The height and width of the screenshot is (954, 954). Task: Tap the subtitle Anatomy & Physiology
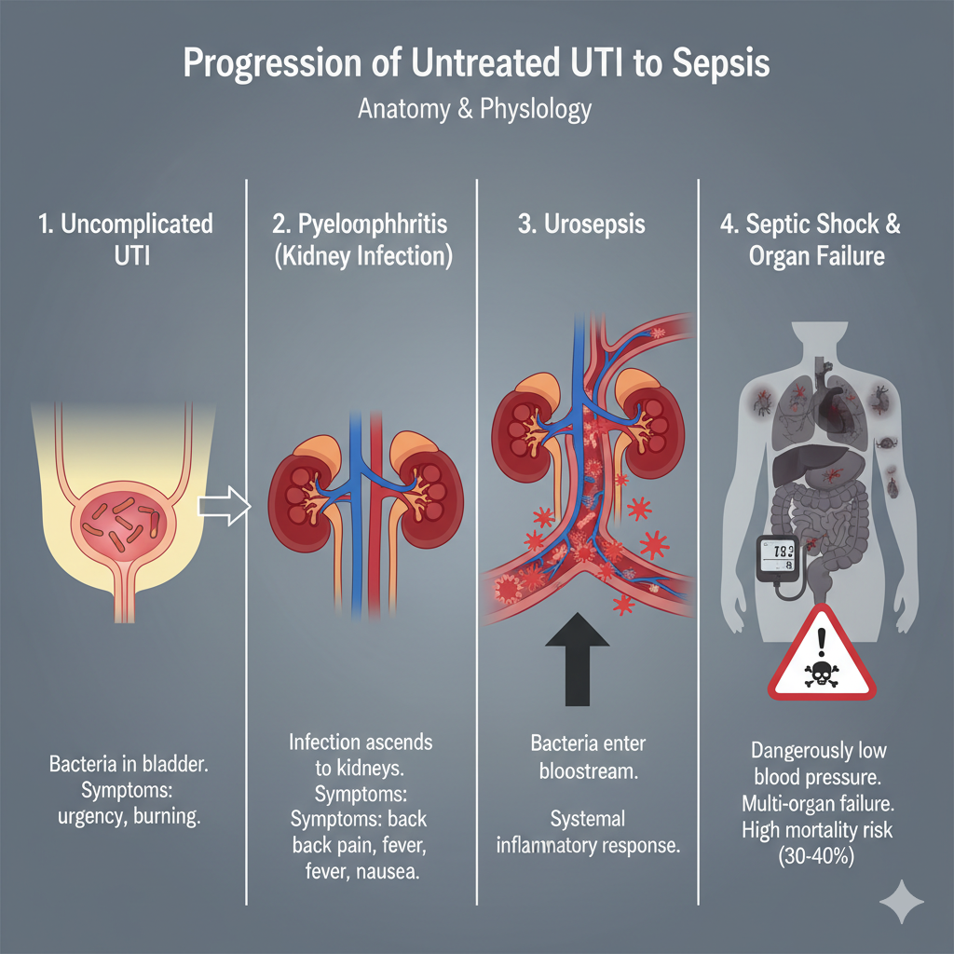click(x=475, y=109)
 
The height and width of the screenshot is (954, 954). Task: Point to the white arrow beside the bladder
click(x=225, y=506)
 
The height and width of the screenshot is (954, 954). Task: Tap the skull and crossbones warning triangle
click(x=822, y=653)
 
